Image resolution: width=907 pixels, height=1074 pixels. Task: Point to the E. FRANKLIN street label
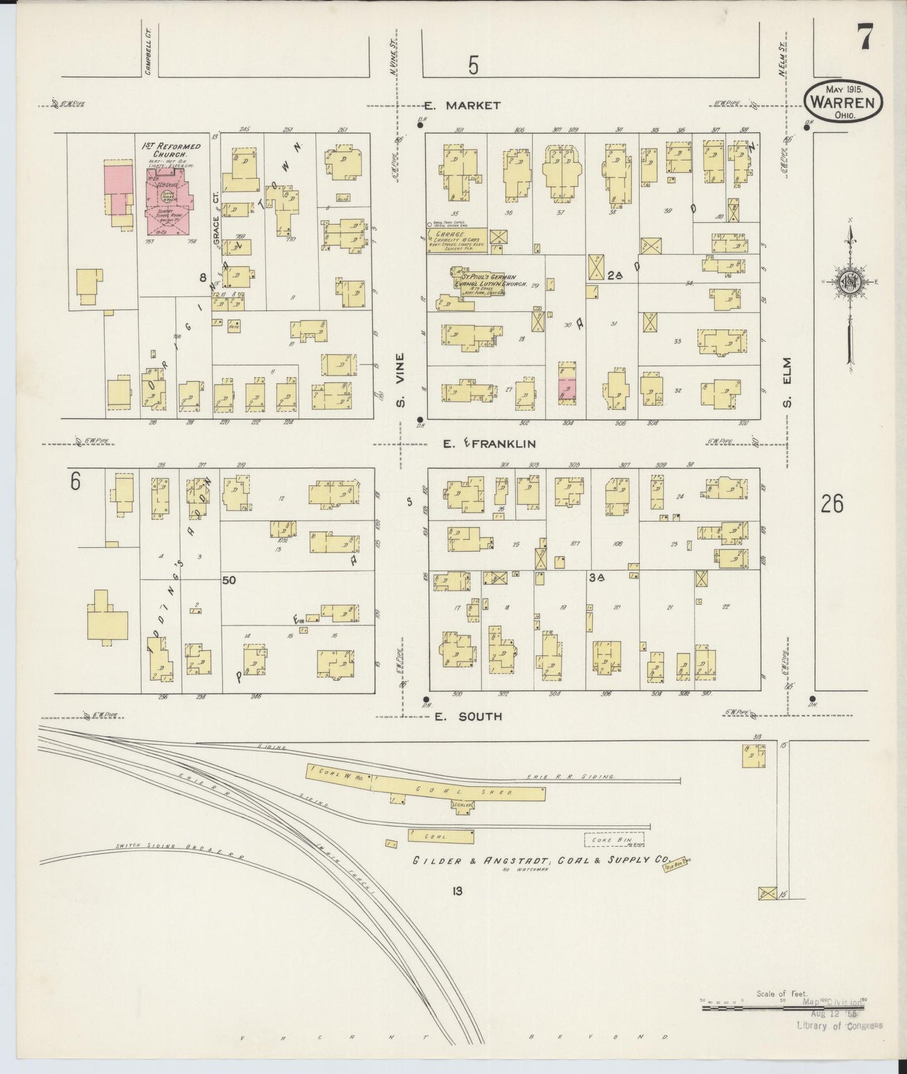click(x=488, y=444)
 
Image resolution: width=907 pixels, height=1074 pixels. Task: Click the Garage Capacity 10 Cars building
click(x=448, y=241)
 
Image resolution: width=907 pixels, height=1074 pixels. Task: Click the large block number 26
click(x=831, y=504)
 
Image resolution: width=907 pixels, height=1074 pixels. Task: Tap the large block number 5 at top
click(x=473, y=65)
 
